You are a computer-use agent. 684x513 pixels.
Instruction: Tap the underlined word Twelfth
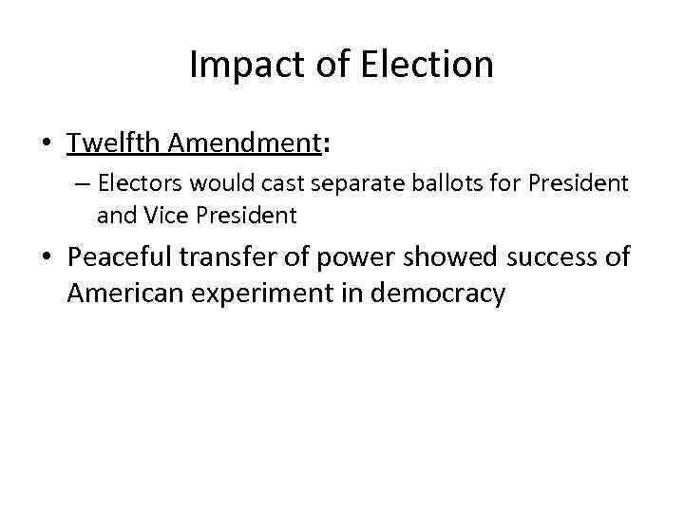coord(114,142)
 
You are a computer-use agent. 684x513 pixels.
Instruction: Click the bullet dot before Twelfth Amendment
coord(46,144)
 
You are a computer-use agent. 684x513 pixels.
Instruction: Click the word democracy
coord(445,294)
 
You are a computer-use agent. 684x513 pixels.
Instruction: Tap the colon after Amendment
coord(328,144)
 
